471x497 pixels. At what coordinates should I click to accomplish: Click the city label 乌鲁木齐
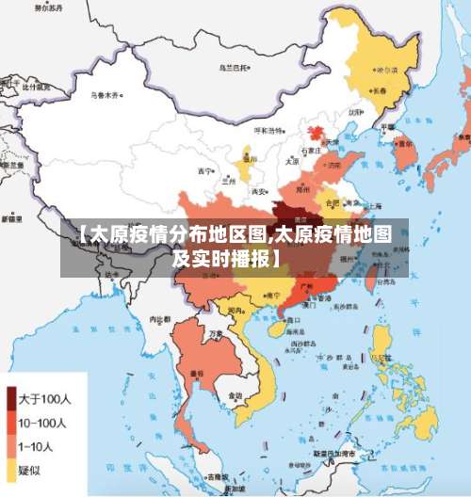pyautogui.click(x=105, y=95)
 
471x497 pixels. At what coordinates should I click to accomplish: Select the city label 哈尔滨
pyautogui.click(x=386, y=71)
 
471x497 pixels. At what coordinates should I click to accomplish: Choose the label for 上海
pyautogui.click(x=376, y=204)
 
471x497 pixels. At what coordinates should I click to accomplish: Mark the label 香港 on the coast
pyautogui.click(x=324, y=298)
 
